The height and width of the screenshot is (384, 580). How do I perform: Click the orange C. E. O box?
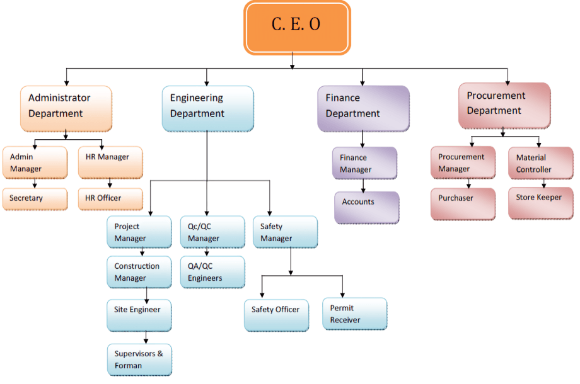pyautogui.click(x=297, y=27)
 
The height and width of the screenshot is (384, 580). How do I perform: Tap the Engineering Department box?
pyautogui.click(x=207, y=108)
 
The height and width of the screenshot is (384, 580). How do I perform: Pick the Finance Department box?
pyautogui.click(x=362, y=108)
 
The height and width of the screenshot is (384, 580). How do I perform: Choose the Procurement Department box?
pyautogui.click(x=504, y=104)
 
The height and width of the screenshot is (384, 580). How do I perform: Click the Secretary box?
pyautogui.click(x=35, y=199)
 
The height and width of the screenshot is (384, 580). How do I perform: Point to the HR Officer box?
pyautogui.click(x=110, y=199)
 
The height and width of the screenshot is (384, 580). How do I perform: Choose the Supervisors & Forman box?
pyautogui.click(x=139, y=359)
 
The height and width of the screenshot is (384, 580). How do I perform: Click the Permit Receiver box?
pyautogui.click(x=354, y=314)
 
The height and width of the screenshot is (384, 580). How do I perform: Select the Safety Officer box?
pyautogui.click(x=277, y=314)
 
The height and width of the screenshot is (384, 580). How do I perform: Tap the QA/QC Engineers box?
pyautogui.click(x=212, y=272)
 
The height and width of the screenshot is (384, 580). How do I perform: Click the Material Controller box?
pyautogui.click(x=541, y=164)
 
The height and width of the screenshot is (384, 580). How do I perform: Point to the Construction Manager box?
pyautogui.click(x=139, y=272)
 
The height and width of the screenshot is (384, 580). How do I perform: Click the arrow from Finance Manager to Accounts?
pyautogui.click(x=363, y=185)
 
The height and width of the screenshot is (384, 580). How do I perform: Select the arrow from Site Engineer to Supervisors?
pyautogui.click(x=146, y=337)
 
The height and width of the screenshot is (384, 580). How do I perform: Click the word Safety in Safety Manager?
pyautogui.click(x=272, y=227)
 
